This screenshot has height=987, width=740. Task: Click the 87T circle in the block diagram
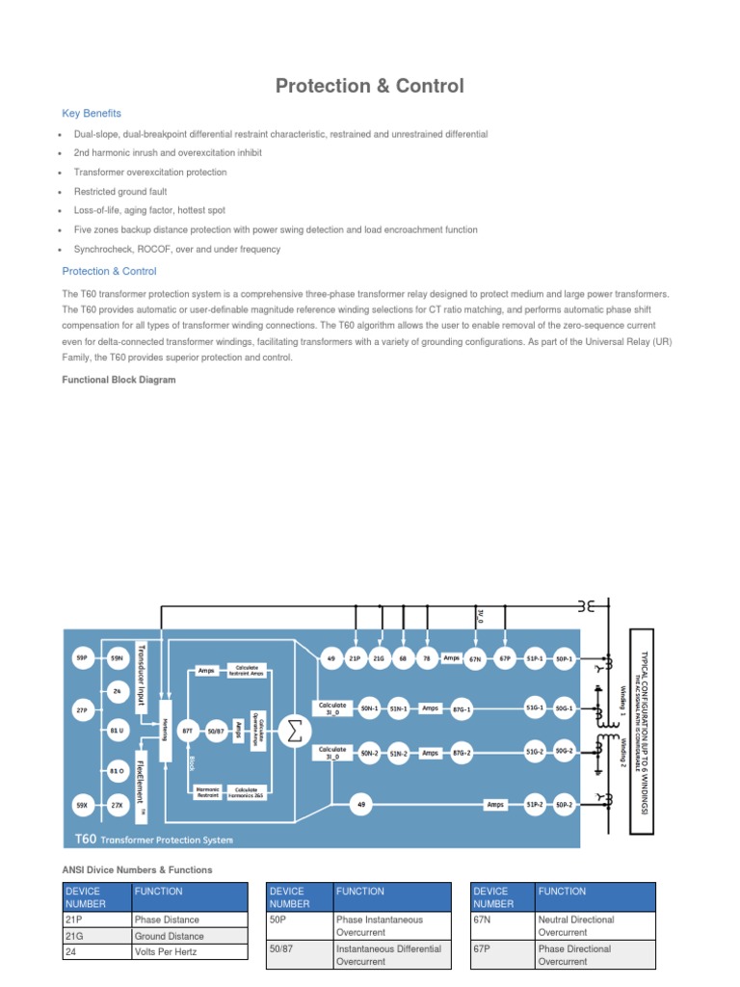click(x=189, y=732)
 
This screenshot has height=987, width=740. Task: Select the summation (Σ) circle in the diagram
click(x=295, y=732)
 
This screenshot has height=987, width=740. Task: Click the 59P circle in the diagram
click(x=82, y=658)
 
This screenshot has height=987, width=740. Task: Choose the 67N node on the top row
click(x=475, y=659)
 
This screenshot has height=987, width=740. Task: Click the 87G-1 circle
click(x=462, y=707)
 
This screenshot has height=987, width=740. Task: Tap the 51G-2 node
click(x=535, y=752)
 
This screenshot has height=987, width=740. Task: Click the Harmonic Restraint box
click(x=207, y=792)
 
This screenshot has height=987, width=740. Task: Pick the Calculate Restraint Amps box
click(x=243, y=669)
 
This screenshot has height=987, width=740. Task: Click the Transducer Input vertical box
click(x=141, y=674)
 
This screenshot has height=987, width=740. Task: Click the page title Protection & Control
click(x=369, y=86)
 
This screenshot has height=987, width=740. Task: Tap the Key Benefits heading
click(x=92, y=114)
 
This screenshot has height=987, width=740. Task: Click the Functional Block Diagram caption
click(x=119, y=380)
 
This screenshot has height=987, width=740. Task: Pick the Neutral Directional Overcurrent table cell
click(x=594, y=926)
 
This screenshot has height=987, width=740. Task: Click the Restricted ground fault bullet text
click(x=120, y=192)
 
